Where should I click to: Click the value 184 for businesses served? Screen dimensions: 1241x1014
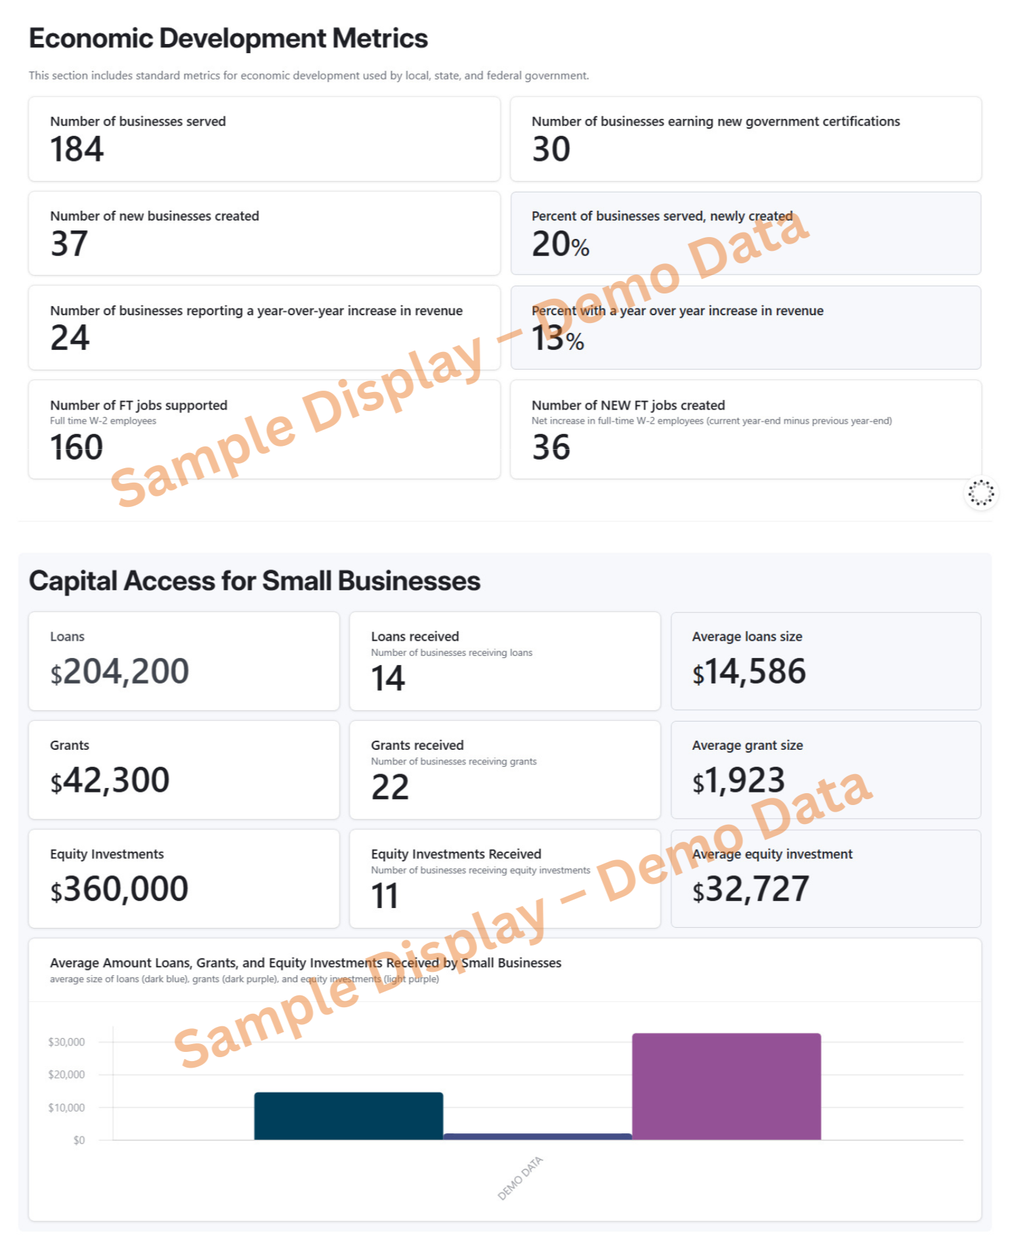pos(77,149)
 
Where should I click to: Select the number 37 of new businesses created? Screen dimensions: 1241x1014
pos(69,244)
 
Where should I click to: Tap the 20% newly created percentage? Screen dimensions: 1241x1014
pos(560,245)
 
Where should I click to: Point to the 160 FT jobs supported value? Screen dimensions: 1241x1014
pos(77,448)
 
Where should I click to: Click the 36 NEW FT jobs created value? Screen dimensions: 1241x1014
pos(551,448)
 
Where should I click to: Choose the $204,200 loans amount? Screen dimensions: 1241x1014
pos(119,672)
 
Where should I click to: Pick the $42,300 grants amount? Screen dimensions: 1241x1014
pos(110,781)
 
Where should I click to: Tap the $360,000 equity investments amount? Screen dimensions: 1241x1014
pos(119,889)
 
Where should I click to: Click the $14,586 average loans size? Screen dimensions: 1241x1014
pos(749,672)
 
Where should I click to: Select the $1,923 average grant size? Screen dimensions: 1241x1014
pos(738,781)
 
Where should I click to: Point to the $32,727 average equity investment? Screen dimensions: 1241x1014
pos(750,889)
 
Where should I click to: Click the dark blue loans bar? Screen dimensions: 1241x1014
pos(349,1116)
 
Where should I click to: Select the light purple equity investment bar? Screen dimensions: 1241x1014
pos(726,1086)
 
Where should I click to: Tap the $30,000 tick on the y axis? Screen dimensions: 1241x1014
pos(66,1042)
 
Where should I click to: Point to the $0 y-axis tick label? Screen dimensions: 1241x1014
pos(79,1141)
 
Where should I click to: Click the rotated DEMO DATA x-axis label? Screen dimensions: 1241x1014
pos(520,1178)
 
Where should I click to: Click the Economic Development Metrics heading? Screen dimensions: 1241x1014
pos(228,38)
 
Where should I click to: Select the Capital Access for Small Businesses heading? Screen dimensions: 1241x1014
pos(255,581)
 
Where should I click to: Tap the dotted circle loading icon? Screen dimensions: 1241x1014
pos(981,492)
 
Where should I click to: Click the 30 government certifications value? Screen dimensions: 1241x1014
pos(551,149)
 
